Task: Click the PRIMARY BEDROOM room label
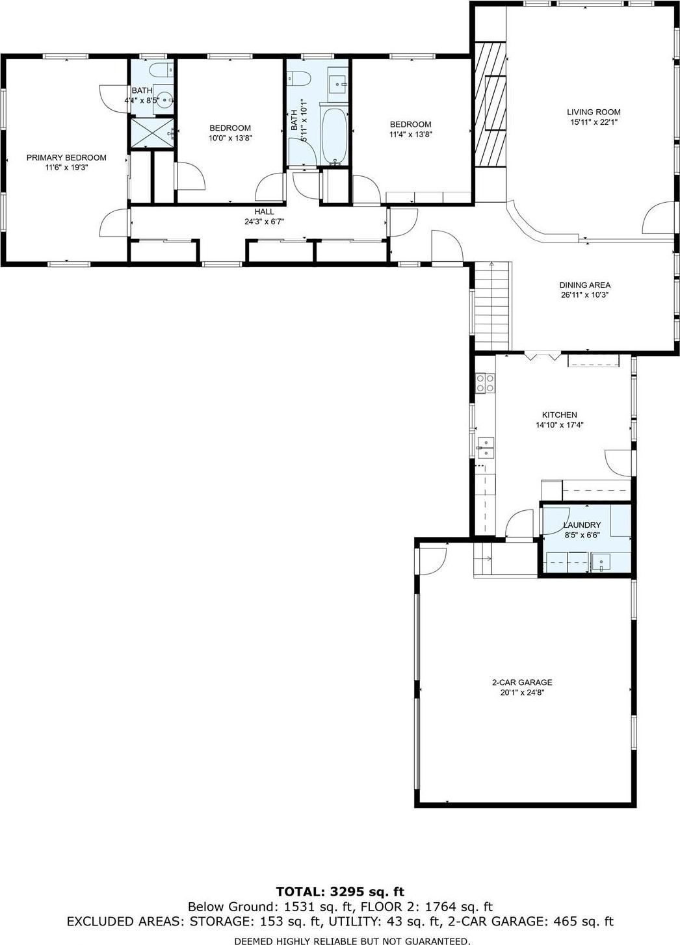click(x=66, y=157)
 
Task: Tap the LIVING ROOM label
click(x=594, y=112)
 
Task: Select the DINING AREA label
click(x=584, y=285)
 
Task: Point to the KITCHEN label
click(x=560, y=415)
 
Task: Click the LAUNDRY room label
click(x=582, y=525)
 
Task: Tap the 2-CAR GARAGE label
click(x=521, y=682)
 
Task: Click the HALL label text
click(x=264, y=212)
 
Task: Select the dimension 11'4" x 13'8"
click(x=410, y=135)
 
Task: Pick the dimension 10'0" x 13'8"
click(x=229, y=138)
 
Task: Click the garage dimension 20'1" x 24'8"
click(x=521, y=693)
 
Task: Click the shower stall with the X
click(x=153, y=133)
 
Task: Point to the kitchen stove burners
click(x=484, y=383)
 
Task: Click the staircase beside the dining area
click(x=491, y=305)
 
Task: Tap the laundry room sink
click(x=601, y=562)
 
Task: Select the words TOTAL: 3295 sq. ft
click(x=340, y=891)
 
